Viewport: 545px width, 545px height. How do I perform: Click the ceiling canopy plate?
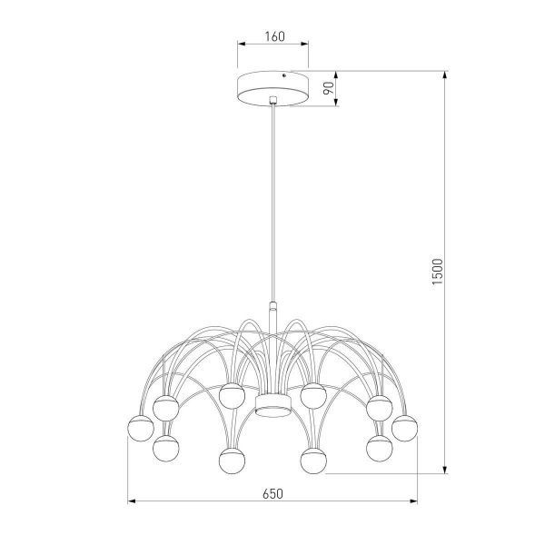(272, 88)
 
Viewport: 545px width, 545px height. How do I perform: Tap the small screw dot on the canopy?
(288, 79)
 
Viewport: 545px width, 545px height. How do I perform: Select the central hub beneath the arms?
(272, 404)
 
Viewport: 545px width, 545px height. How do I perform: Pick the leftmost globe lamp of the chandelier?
(139, 426)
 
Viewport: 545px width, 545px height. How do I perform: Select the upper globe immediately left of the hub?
(231, 395)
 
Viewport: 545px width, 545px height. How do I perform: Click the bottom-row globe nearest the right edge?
(379, 447)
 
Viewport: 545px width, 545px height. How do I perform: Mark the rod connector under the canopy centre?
(272, 100)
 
